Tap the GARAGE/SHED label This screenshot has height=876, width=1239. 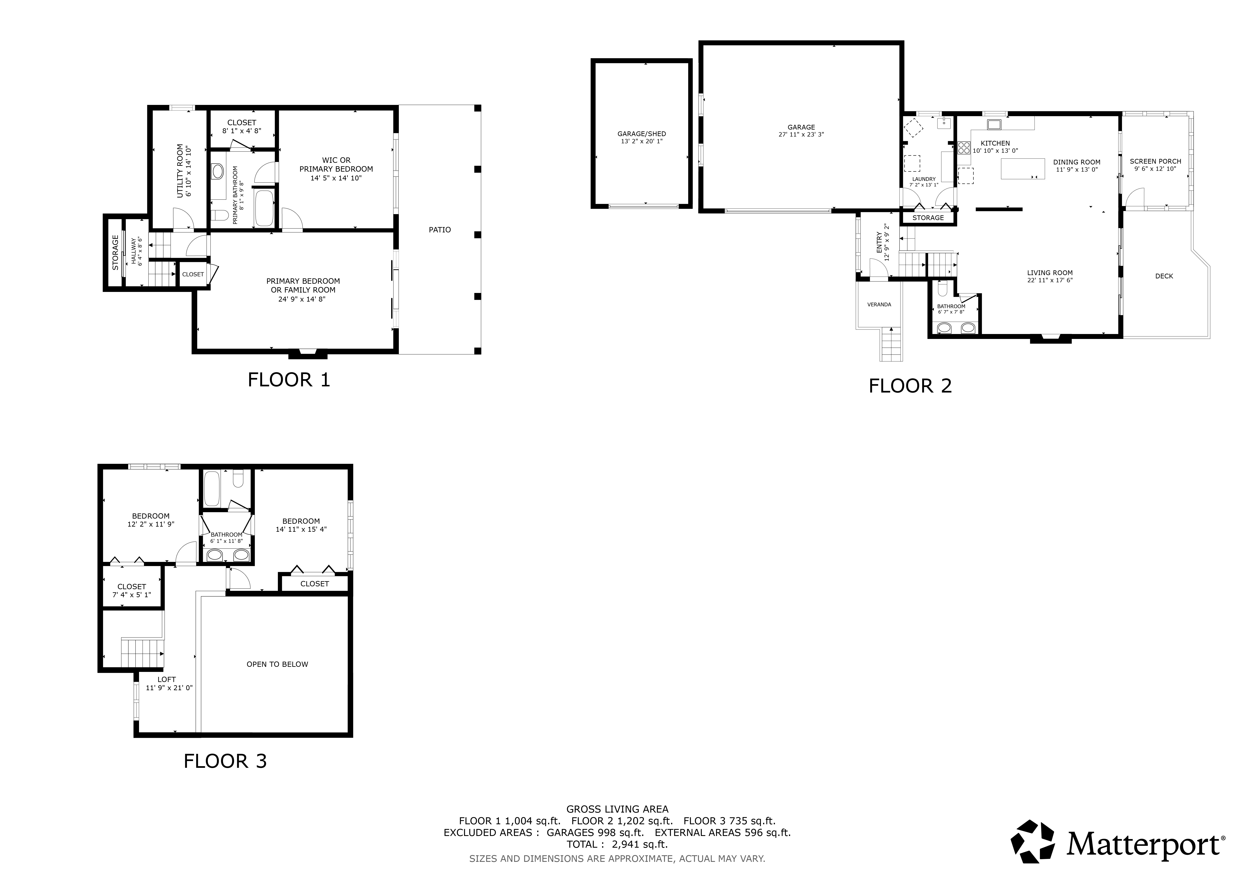pyautogui.click(x=642, y=134)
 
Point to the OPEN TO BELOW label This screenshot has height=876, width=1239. pyautogui.click(x=277, y=664)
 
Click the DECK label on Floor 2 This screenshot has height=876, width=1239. pyautogui.click(x=1164, y=276)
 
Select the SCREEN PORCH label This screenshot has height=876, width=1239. pyautogui.click(x=1155, y=161)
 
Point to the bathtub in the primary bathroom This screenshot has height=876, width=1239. pyautogui.click(x=264, y=208)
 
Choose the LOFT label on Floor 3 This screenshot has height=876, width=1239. pyautogui.click(x=167, y=680)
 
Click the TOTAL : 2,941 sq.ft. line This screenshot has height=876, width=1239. pyautogui.click(x=617, y=844)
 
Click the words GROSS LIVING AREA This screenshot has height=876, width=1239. pyautogui.click(x=617, y=809)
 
